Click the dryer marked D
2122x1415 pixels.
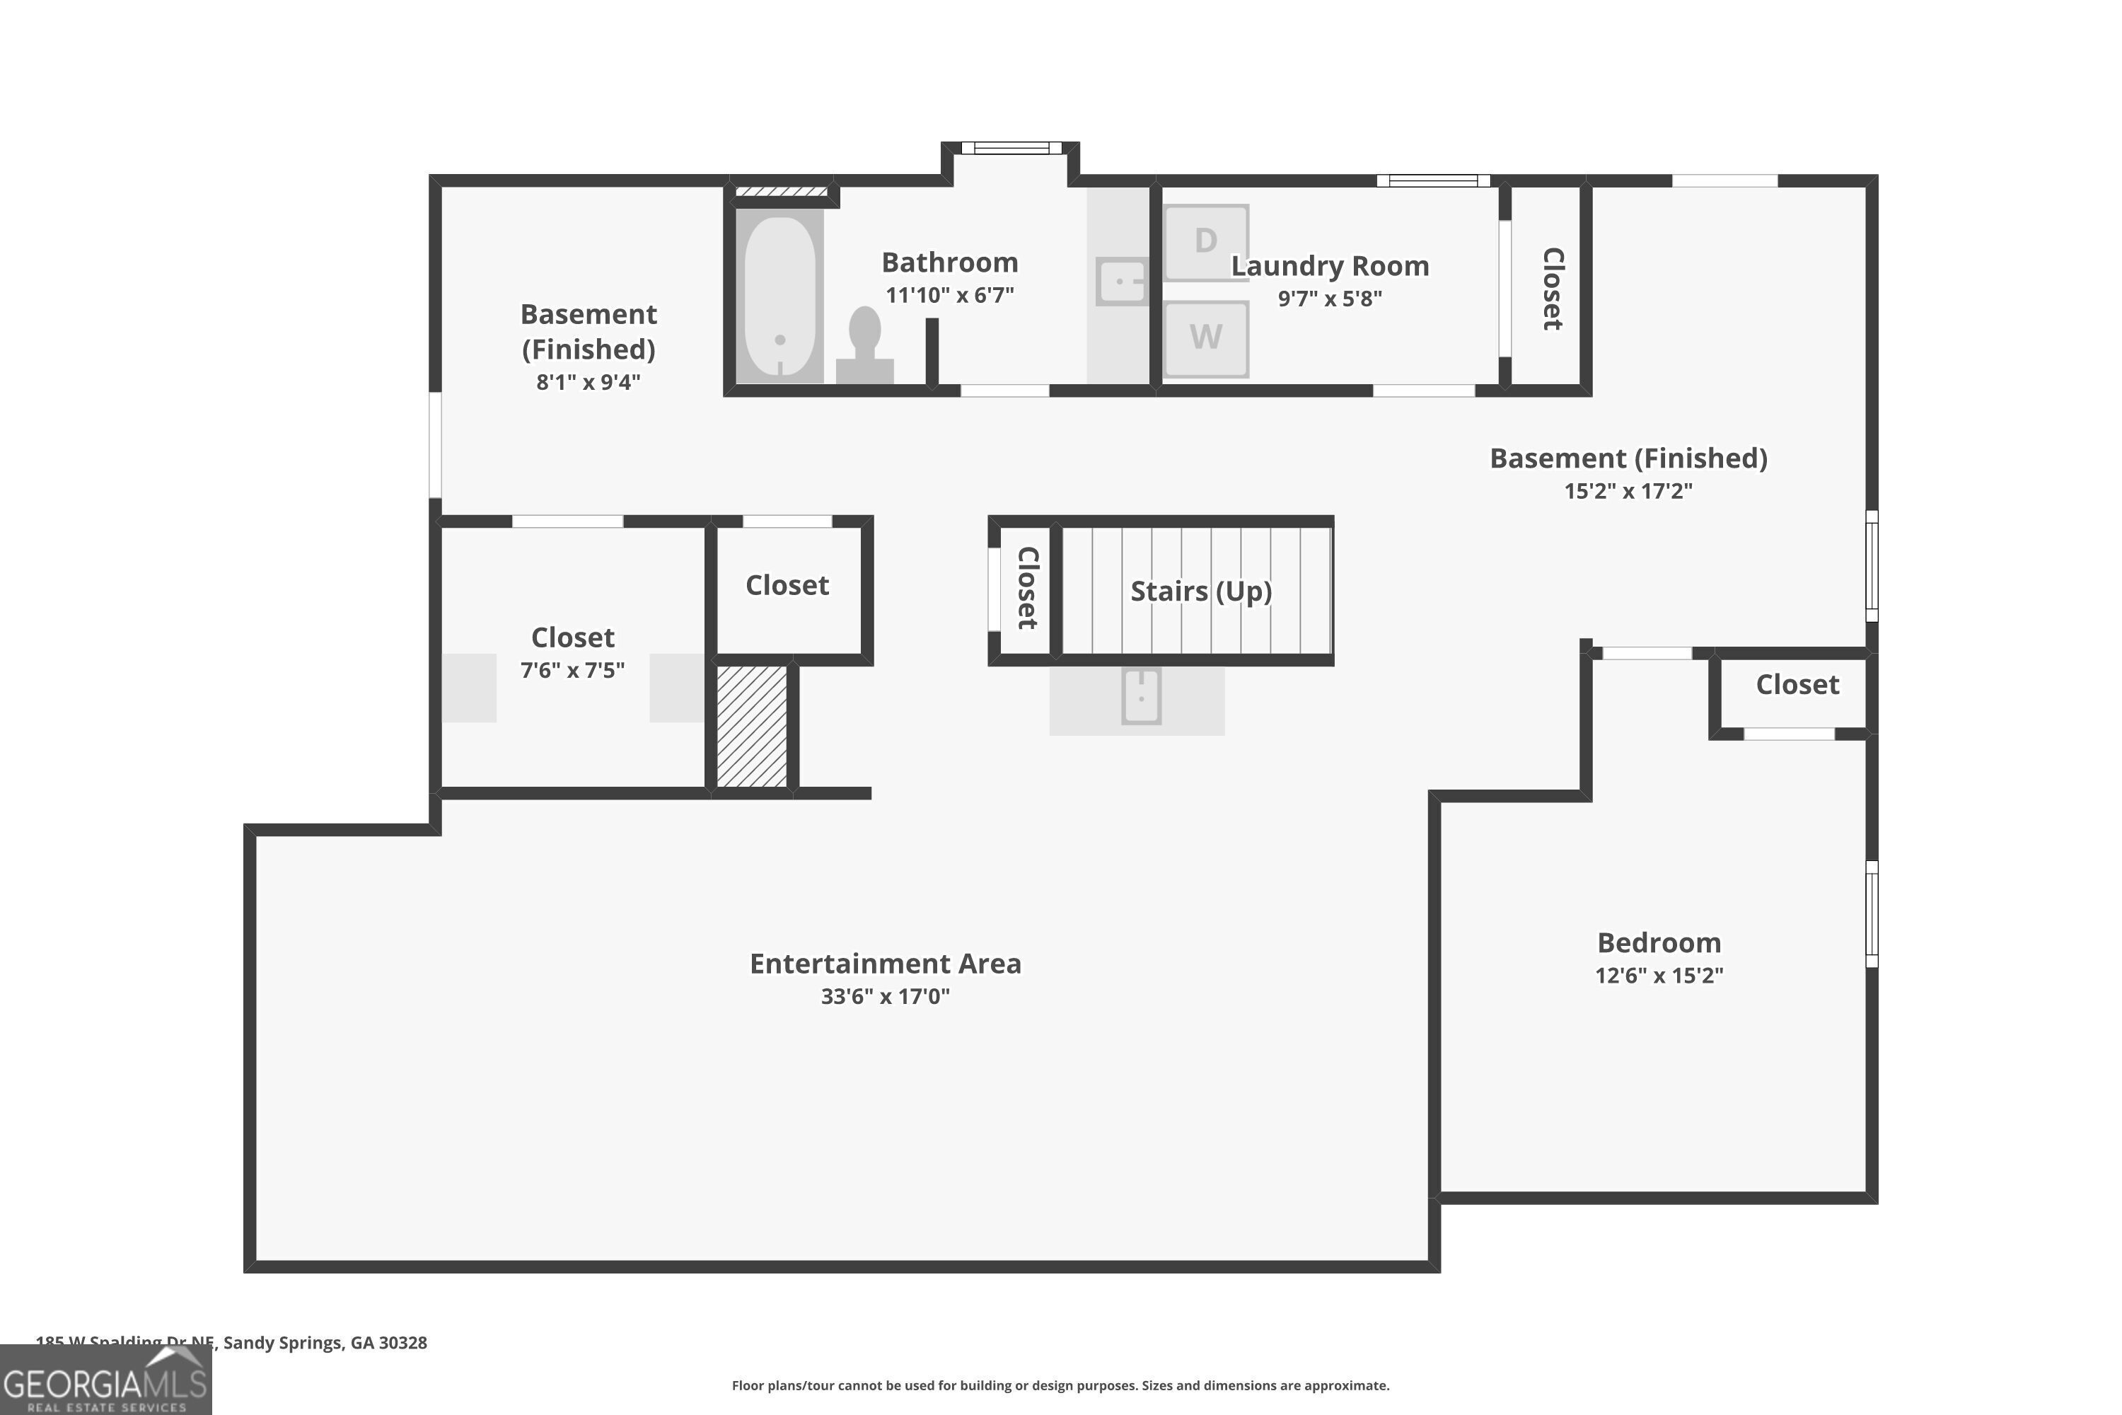point(1205,242)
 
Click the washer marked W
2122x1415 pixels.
point(1205,338)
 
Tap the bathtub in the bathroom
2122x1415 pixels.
point(779,296)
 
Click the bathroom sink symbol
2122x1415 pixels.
point(1121,281)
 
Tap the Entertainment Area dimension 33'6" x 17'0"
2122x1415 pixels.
point(884,996)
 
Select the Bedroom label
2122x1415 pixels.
point(1658,943)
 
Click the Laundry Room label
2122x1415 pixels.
point(1329,266)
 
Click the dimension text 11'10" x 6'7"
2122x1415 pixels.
point(949,295)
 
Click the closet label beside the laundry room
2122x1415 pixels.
point(1551,289)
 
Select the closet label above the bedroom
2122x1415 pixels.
point(1797,685)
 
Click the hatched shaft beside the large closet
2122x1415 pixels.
point(751,727)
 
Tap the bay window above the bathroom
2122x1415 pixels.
point(1011,148)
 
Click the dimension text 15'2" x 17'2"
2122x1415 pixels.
point(1628,491)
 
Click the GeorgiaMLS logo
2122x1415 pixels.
point(105,1382)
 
